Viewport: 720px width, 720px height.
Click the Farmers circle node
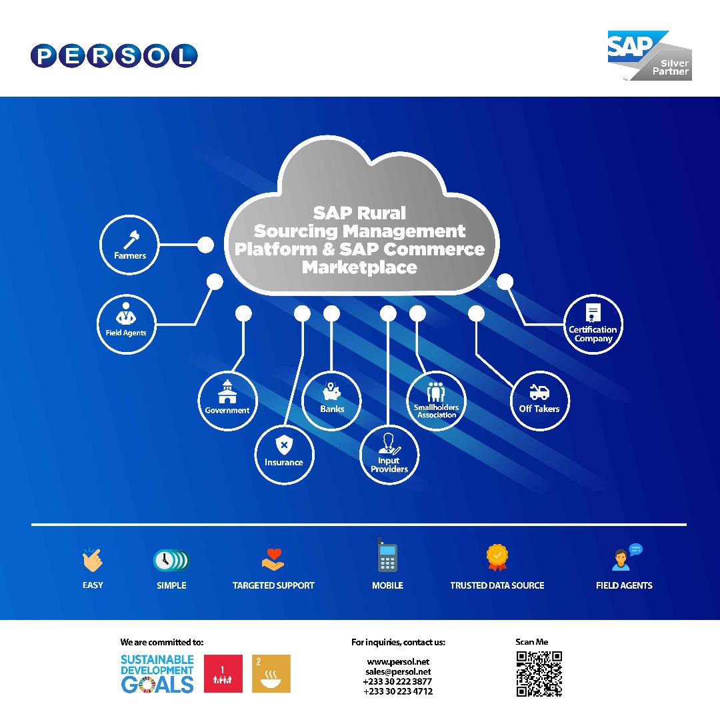pyautogui.click(x=129, y=245)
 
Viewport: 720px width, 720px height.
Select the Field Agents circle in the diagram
pyautogui.click(x=126, y=324)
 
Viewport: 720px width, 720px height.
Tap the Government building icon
pyautogui.click(x=227, y=392)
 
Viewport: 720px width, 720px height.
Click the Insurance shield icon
pyautogui.click(x=284, y=445)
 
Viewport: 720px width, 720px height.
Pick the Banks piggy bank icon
pyautogui.click(x=331, y=391)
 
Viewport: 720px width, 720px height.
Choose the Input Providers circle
pyautogui.click(x=389, y=455)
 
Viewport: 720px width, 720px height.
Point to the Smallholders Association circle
pyautogui.click(x=436, y=401)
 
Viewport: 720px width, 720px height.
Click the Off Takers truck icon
pyautogui.click(x=539, y=392)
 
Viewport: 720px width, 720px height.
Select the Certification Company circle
pyautogui.click(x=593, y=324)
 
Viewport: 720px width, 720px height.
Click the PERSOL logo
pyautogui.click(x=115, y=56)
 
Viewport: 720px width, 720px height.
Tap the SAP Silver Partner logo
pyautogui.click(x=649, y=55)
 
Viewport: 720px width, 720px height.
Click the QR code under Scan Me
pyautogui.click(x=539, y=673)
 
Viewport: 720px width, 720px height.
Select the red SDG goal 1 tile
pyautogui.click(x=223, y=673)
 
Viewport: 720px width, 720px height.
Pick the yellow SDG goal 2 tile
pyautogui.click(x=271, y=673)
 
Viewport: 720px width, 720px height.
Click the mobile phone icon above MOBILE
pyautogui.click(x=387, y=555)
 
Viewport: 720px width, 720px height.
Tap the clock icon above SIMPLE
pyautogui.click(x=171, y=560)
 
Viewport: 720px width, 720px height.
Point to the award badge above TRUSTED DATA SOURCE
pyautogui.click(x=497, y=557)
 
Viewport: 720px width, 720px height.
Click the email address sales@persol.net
pyautogui.click(x=398, y=672)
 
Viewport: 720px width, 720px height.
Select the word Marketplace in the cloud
pyautogui.click(x=359, y=267)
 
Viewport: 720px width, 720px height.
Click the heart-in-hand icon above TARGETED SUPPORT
pyautogui.click(x=273, y=560)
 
